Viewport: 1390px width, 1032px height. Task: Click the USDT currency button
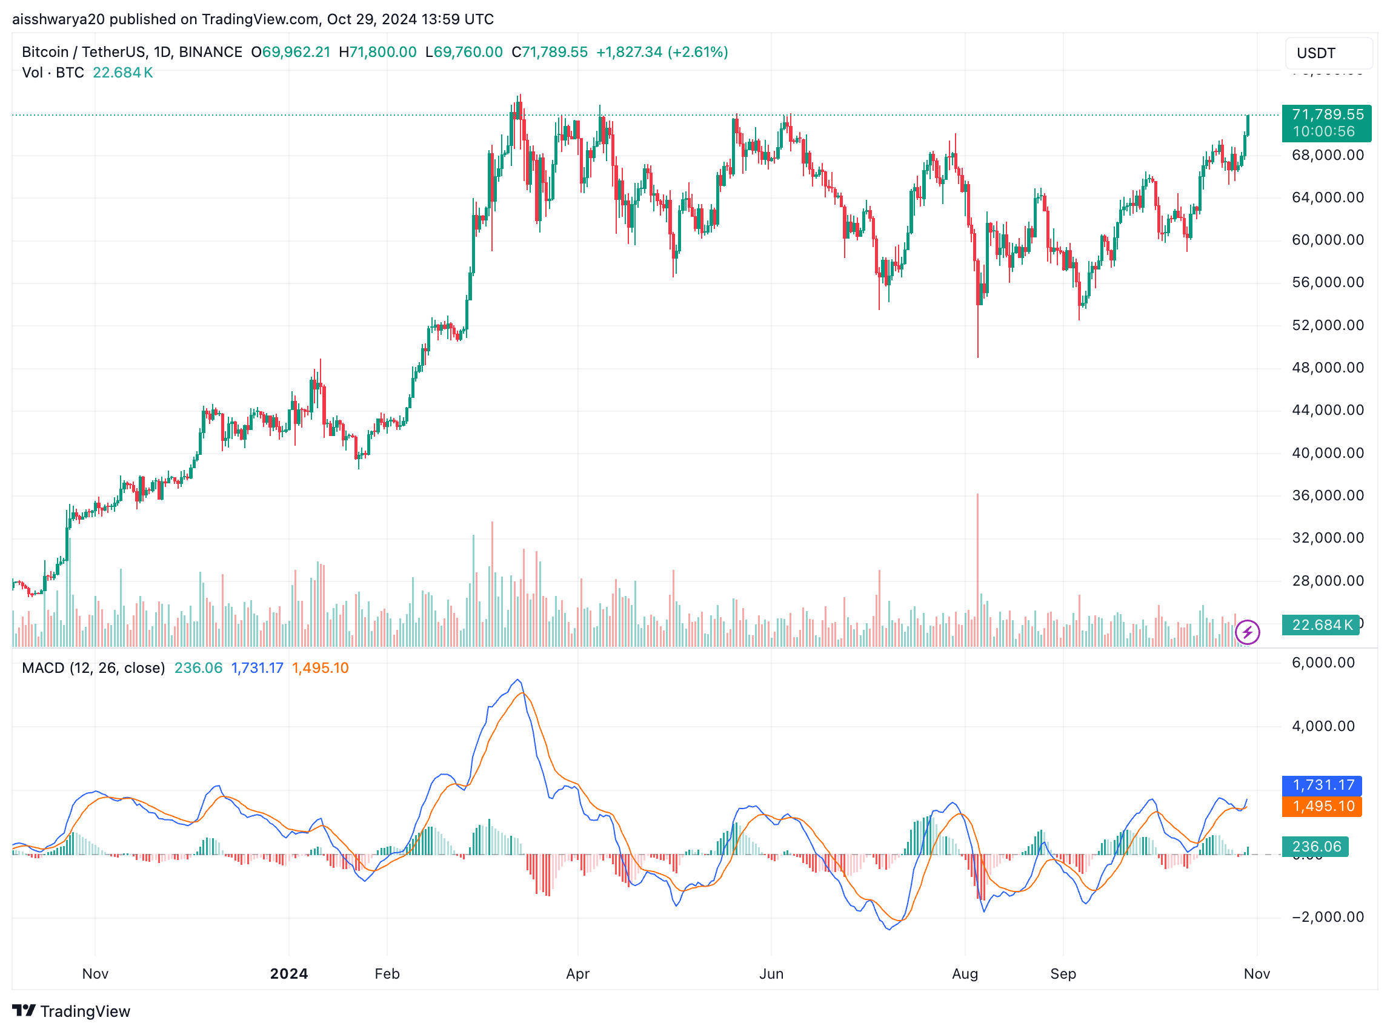pyautogui.click(x=1328, y=53)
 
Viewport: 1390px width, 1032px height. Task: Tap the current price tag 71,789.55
pyautogui.click(x=1326, y=122)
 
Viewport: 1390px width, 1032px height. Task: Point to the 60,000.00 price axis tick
pyautogui.click(x=1327, y=240)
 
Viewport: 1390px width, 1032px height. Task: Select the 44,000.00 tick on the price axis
pyautogui.click(x=1327, y=411)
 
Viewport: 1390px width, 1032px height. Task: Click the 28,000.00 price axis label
pyautogui.click(x=1327, y=581)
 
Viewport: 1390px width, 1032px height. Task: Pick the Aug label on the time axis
pyautogui.click(x=965, y=973)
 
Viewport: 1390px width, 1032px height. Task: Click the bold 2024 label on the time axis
pyautogui.click(x=289, y=973)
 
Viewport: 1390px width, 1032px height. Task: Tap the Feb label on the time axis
pyautogui.click(x=387, y=973)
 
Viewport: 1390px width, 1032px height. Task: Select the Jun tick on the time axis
pyautogui.click(x=771, y=973)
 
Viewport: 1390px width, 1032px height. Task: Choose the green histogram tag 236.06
pyautogui.click(x=1314, y=847)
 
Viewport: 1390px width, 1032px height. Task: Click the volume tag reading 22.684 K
pyautogui.click(x=1319, y=624)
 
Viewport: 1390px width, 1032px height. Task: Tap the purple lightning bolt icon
pyautogui.click(x=1247, y=632)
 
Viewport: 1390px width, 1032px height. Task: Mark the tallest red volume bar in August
pyautogui.click(x=977, y=562)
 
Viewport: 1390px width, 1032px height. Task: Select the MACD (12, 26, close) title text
pyautogui.click(x=93, y=668)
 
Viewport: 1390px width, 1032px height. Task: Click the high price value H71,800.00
pyautogui.click(x=377, y=52)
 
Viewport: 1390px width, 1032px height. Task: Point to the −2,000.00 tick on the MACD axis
pyautogui.click(x=1327, y=916)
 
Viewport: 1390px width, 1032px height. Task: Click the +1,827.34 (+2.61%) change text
pyautogui.click(x=662, y=52)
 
